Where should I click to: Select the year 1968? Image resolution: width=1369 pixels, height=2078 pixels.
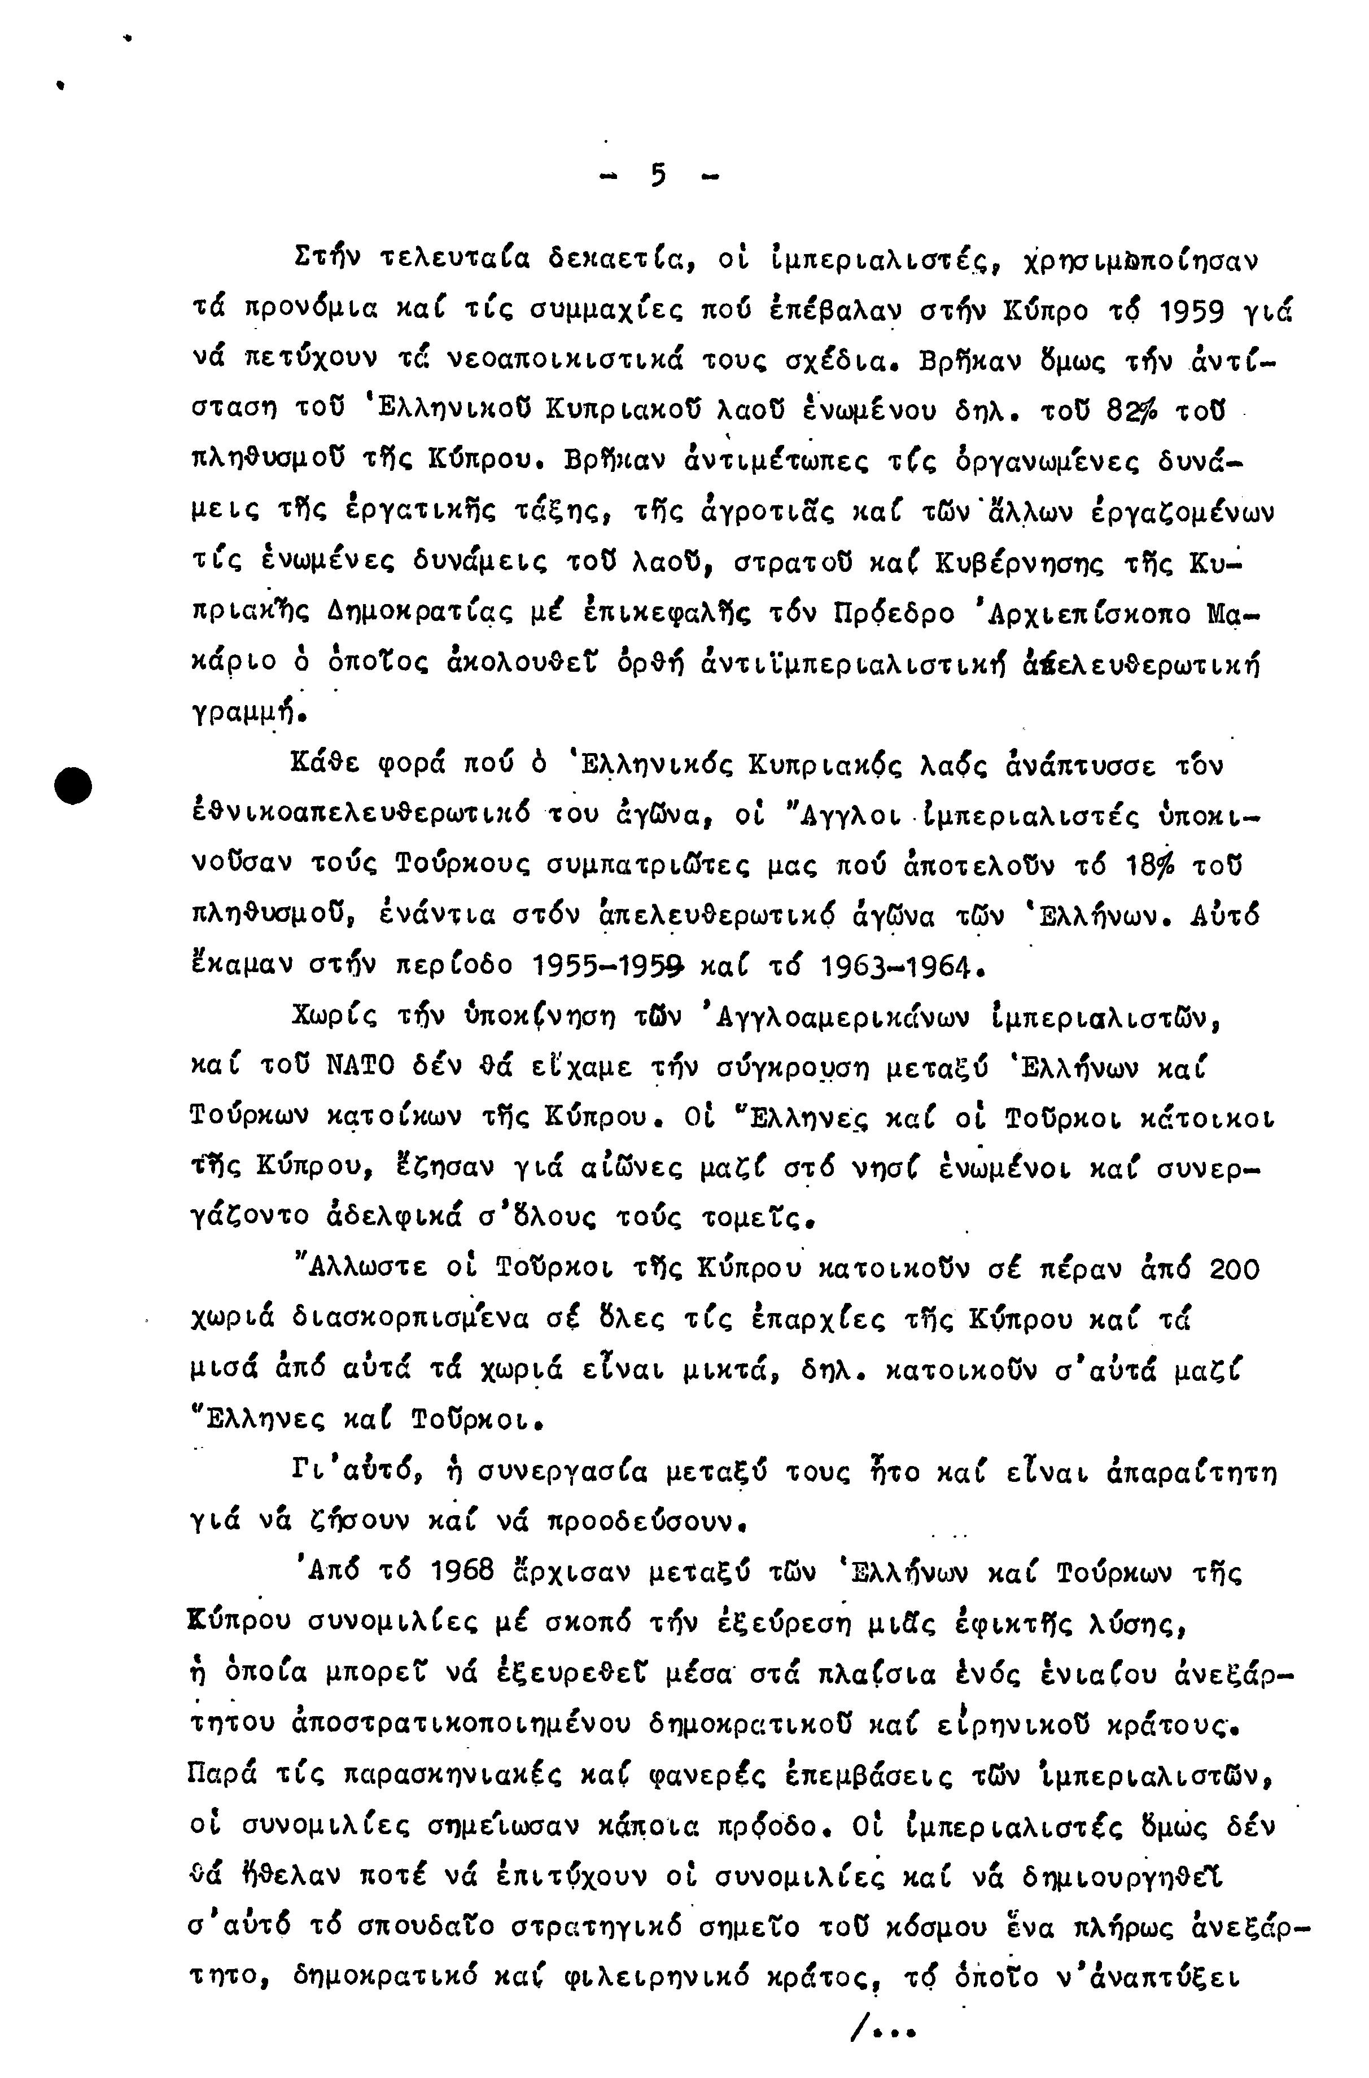click(x=463, y=1572)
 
